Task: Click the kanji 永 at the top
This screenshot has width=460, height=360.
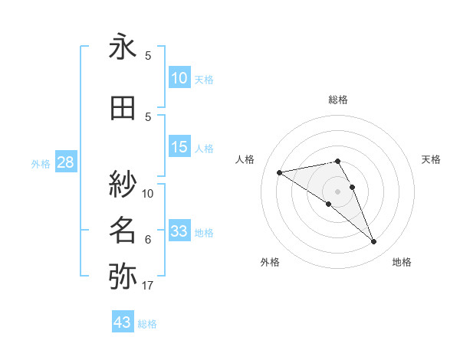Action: coord(123,47)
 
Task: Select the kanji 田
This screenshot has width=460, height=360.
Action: coord(123,109)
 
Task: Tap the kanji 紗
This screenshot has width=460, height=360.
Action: coord(123,184)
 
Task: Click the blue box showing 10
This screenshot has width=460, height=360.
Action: coord(179,78)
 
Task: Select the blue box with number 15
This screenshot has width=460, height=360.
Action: coord(179,147)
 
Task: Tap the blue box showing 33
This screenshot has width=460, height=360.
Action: coord(179,232)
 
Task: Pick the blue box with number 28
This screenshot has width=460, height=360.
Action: coord(65,162)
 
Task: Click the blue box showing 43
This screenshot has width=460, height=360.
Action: coord(123,322)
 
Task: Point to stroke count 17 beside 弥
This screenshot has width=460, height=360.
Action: coord(148,286)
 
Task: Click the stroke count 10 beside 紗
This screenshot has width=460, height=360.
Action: coord(148,193)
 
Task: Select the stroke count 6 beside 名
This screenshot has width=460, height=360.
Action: coord(148,240)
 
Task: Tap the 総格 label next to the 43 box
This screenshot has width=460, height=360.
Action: coord(147,324)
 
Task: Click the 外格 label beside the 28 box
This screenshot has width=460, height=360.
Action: coord(41,163)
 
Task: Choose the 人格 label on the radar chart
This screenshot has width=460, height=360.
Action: coord(245,159)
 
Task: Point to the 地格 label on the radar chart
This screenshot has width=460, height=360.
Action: coord(402,262)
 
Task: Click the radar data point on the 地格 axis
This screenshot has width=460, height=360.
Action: coord(374,242)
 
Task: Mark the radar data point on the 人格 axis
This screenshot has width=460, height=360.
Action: coord(279,172)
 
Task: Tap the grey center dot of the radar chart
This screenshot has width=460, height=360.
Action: coord(337,191)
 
